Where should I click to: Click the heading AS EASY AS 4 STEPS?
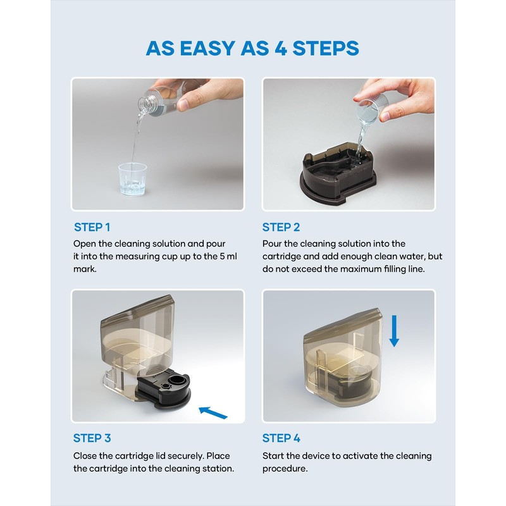[252, 49]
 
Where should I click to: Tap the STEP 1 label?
[92, 227]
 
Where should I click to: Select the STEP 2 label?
[281, 227]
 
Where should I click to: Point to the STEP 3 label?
[92, 438]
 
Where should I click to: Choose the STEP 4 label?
[281, 438]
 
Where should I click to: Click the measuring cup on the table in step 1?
[133, 179]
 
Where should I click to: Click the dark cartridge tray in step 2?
[338, 175]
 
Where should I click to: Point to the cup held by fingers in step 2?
[369, 111]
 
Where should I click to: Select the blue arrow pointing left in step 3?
[213, 413]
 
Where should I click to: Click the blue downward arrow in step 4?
[394, 331]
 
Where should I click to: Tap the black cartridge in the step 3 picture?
[163, 390]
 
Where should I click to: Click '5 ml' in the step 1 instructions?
[228, 256]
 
